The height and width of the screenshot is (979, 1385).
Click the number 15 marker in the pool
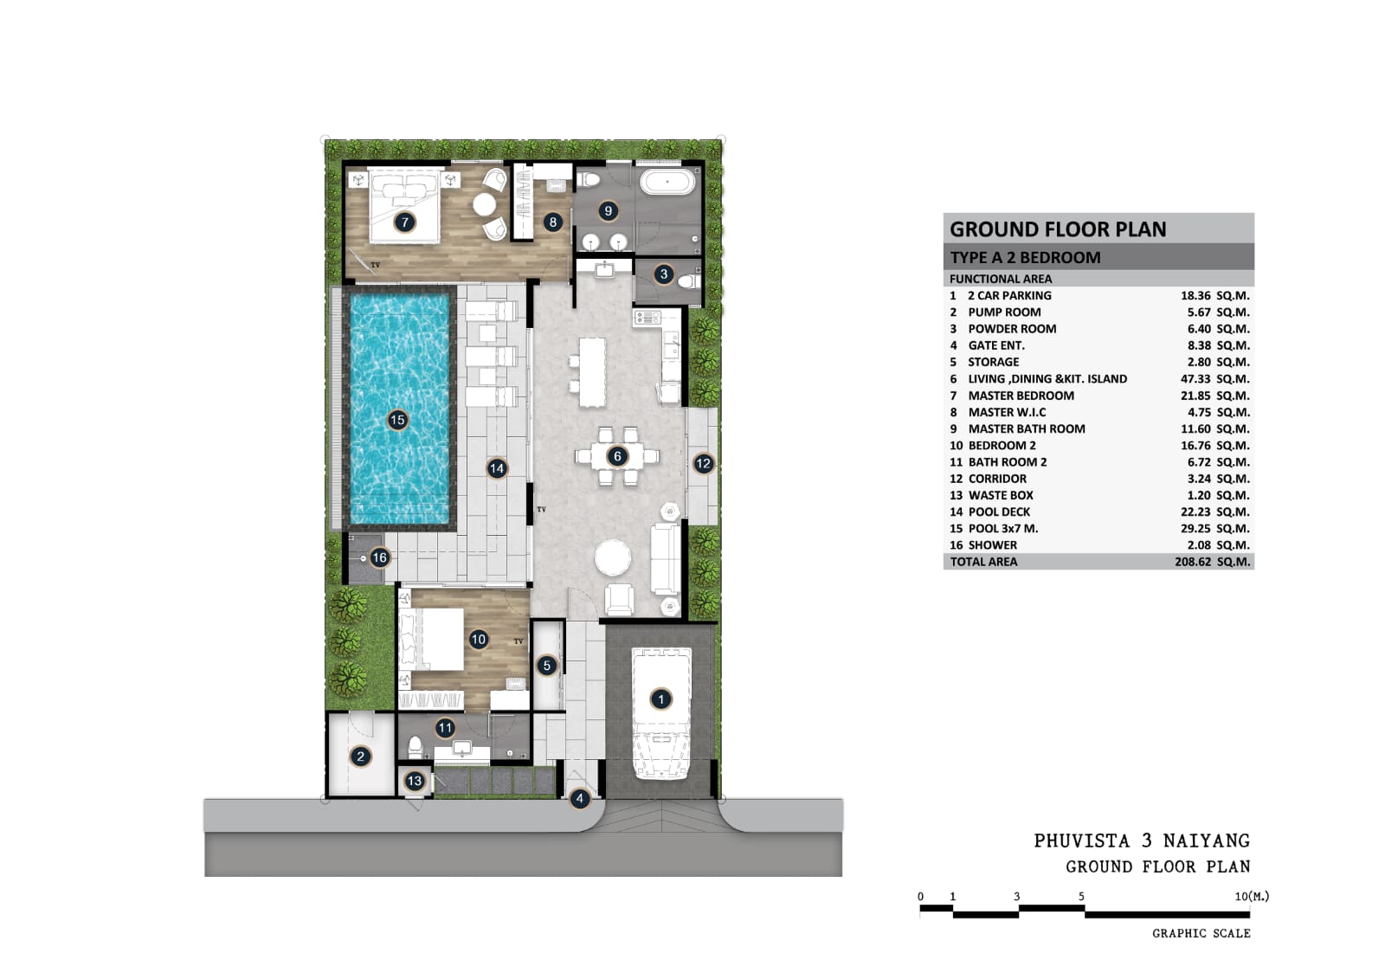[397, 420]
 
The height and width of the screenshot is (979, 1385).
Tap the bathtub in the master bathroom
[667, 182]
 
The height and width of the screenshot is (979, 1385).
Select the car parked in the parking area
[661, 712]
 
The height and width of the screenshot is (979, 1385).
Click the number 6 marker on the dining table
[617, 456]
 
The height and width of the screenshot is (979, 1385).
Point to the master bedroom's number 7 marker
[405, 222]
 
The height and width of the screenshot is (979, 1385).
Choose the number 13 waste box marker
[415, 781]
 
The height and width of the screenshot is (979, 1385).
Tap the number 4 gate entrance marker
[579, 799]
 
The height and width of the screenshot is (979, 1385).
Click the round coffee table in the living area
[613, 557]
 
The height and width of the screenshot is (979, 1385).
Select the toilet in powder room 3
[687, 282]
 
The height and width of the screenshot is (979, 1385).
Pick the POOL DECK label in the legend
[999, 512]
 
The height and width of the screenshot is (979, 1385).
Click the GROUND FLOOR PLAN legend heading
[1058, 229]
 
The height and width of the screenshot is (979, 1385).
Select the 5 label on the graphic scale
[1081, 896]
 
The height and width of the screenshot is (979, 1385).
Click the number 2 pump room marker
[360, 756]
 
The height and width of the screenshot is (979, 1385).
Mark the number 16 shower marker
[379, 557]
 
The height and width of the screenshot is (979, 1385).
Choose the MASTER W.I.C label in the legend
[1008, 412]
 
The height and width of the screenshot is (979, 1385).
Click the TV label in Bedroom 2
[519, 641]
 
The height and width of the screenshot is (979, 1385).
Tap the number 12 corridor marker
[703, 463]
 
